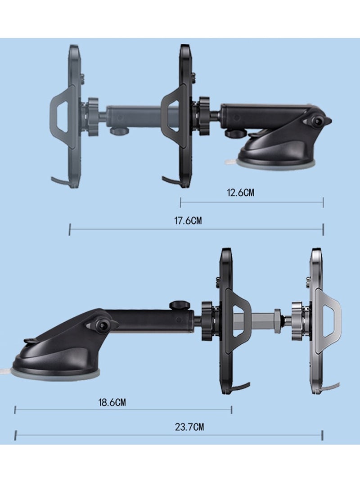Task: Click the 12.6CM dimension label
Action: coord(240,192)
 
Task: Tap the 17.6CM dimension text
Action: coord(188,221)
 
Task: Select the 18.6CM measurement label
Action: coord(112,402)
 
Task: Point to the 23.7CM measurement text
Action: coord(189,427)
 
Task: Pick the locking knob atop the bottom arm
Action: coord(177,305)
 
